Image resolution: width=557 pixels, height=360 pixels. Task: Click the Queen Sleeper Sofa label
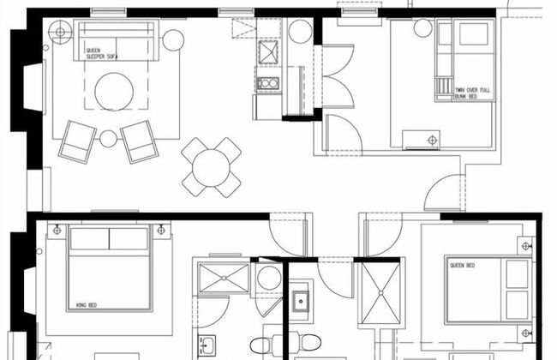pyautogui.click(x=102, y=53)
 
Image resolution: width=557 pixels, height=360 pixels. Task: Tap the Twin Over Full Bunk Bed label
pyautogui.click(x=472, y=93)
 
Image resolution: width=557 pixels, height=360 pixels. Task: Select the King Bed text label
pyautogui.click(x=87, y=305)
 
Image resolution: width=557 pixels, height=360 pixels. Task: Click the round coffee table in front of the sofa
pyautogui.click(x=114, y=92)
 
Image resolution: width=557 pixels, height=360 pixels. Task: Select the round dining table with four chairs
pyautogui.click(x=211, y=167)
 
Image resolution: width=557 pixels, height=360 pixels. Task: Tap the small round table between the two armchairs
pyautogui.click(x=108, y=139)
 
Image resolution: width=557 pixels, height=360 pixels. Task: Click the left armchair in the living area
pyautogui.click(x=77, y=141)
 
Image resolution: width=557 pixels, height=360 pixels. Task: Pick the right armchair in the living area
pyautogui.click(x=139, y=141)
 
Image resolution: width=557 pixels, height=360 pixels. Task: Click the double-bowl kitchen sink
pyautogui.click(x=268, y=83)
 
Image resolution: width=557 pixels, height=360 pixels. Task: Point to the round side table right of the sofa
pyautogui.click(x=173, y=40)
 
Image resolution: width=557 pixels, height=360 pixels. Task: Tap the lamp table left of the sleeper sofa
pyautogui.click(x=60, y=33)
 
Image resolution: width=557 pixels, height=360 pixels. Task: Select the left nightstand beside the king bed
pyautogui.click(x=57, y=231)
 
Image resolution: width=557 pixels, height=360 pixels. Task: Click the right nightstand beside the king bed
pyautogui.click(x=161, y=231)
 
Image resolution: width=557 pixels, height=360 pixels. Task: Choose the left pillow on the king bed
pyautogui.click(x=89, y=239)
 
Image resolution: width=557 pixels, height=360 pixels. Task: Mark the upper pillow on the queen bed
pyautogui.click(x=517, y=273)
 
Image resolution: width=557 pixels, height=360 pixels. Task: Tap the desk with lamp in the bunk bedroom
pyautogui.click(x=422, y=140)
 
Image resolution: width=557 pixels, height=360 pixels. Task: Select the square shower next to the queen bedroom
pyautogui.click(x=380, y=293)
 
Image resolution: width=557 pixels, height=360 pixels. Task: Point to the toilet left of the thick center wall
pyautogui.click(x=263, y=345)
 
